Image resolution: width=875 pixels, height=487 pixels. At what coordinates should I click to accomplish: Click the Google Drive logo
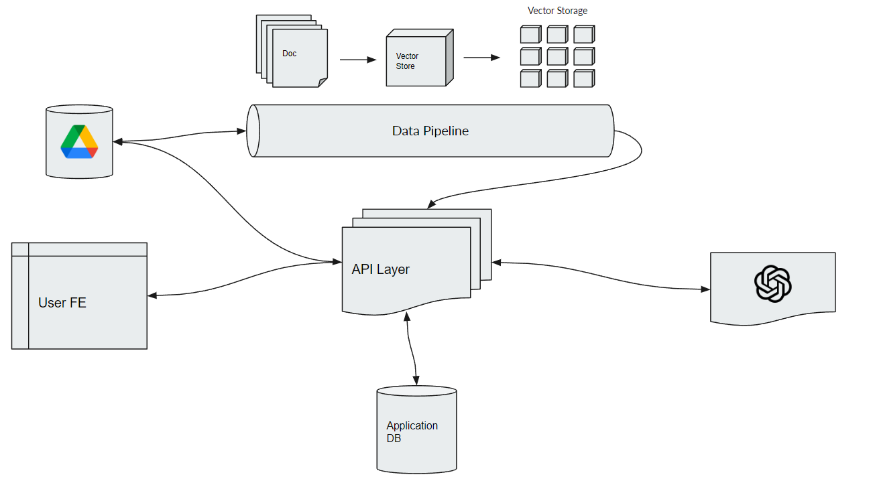coord(79,141)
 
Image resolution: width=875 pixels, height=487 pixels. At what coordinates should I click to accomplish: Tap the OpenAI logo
coord(773,283)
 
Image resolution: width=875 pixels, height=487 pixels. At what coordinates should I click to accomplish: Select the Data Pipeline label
coord(430,131)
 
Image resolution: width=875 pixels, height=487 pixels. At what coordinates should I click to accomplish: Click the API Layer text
coord(380,269)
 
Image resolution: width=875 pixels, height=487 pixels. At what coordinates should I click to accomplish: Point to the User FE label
coord(62,303)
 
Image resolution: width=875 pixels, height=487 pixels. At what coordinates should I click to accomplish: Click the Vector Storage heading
coord(557,11)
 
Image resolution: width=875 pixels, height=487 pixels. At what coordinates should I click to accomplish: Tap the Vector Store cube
coord(416,61)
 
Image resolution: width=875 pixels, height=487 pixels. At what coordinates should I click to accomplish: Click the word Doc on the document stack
coord(289,54)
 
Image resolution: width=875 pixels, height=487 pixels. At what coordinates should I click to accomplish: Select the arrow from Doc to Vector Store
coord(357,60)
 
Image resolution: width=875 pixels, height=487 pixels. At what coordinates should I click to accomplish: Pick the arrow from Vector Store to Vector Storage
coord(481,58)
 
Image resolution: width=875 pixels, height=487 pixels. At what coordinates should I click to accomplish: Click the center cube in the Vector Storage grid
coord(557,56)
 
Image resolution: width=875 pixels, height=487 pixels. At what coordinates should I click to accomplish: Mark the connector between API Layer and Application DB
coord(412,350)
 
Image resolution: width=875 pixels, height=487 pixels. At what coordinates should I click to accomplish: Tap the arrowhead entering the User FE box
coord(152,295)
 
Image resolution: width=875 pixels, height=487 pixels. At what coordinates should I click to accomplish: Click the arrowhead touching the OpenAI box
coord(705,289)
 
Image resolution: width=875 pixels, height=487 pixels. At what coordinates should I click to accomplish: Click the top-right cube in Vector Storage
coord(583,34)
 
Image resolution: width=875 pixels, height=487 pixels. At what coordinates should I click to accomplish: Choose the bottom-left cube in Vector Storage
coord(530,78)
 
